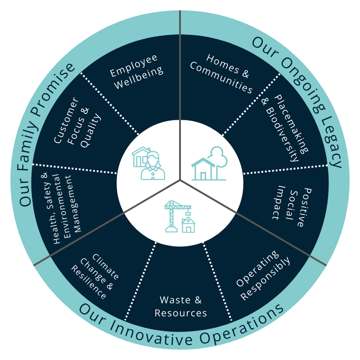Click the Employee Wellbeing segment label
[x=136, y=72]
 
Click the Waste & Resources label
[x=181, y=306]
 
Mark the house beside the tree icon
[x=203, y=169]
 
